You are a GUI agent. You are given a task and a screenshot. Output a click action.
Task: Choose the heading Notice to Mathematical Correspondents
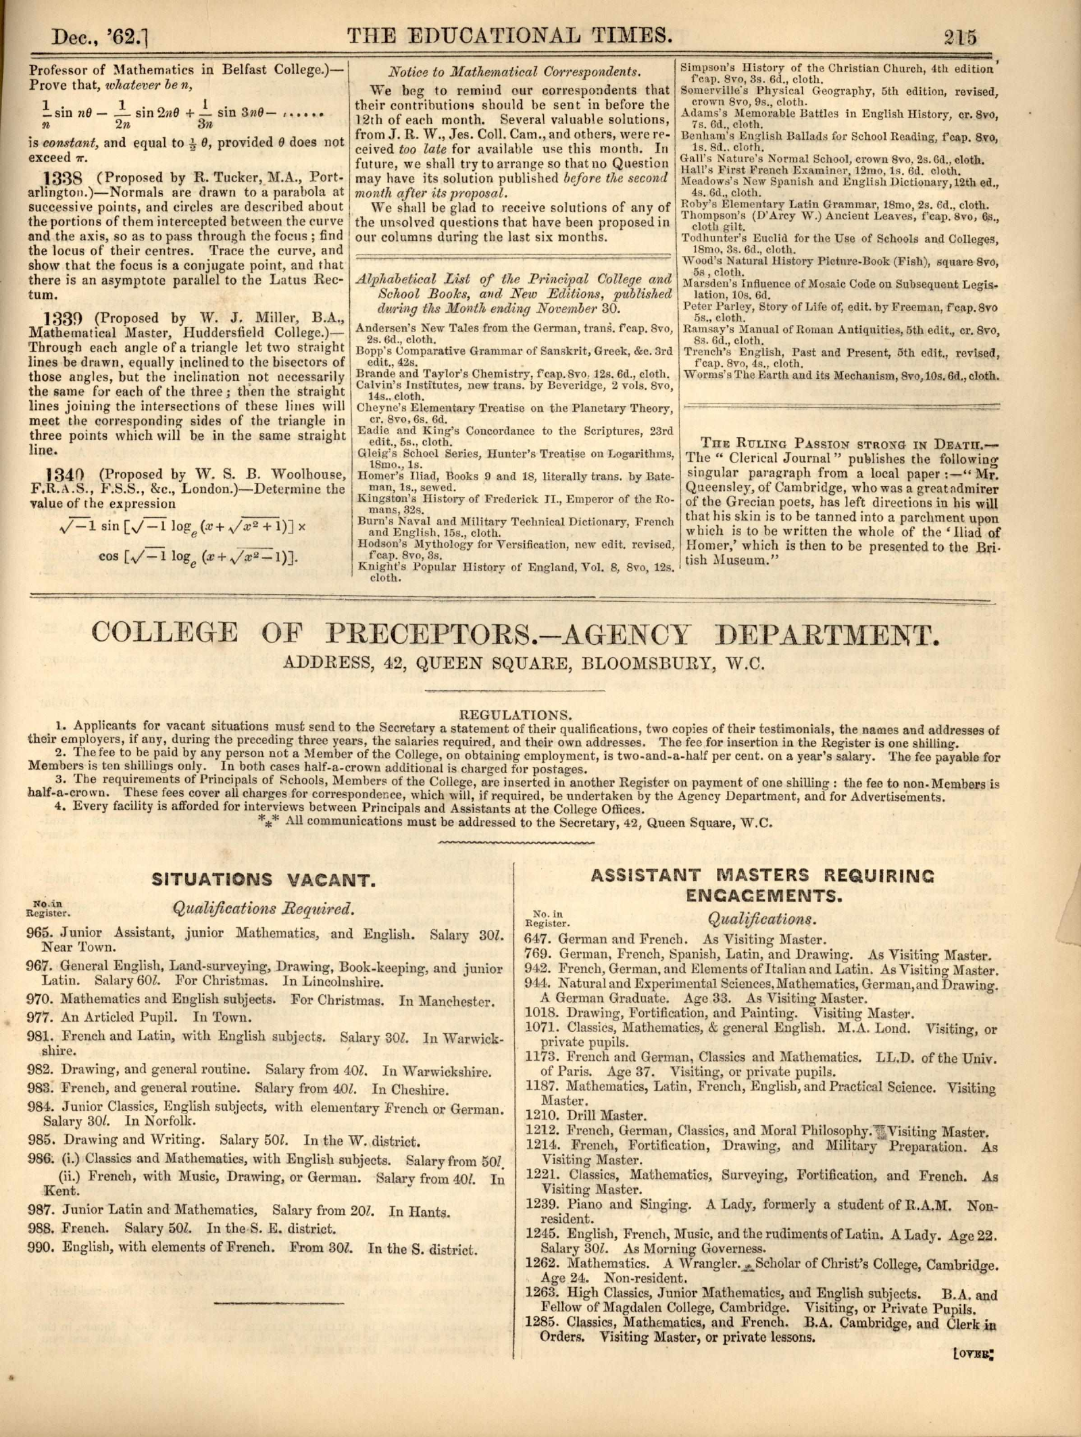click(x=513, y=72)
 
